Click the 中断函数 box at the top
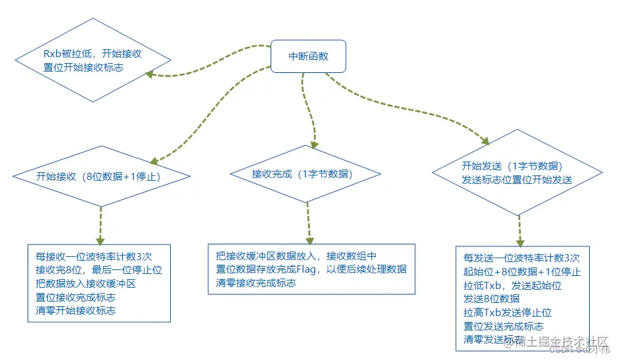pyautogui.click(x=308, y=56)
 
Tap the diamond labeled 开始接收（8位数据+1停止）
pyautogui.click(x=101, y=176)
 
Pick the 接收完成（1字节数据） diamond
pyautogui.click(x=305, y=174)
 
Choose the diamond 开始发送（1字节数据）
pyautogui.click(x=518, y=173)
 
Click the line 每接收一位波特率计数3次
pyautogui.click(x=94, y=256)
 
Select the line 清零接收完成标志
pyautogui.click(x=255, y=283)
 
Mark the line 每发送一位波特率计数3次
pyautogui.click(x=521, y=258)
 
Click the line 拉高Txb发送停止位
pyautogui.click(x=507, y=313)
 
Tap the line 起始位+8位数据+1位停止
pyautogui.click(x=521, y=271)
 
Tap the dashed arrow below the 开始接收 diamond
pyautogui.click(x=101, y=223)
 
